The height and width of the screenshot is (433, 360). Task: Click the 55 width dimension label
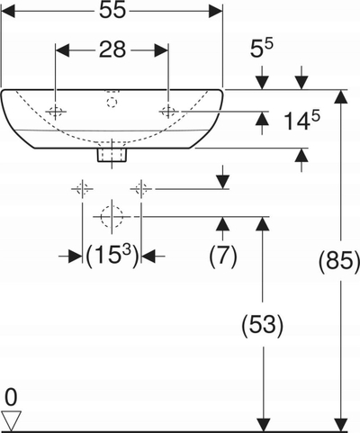[x=112, y=11]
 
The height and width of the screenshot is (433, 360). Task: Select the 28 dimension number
[x=112, y=50]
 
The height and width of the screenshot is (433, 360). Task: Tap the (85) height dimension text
[x=338, y=260]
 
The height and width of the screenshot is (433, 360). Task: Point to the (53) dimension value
[x=263, y=324]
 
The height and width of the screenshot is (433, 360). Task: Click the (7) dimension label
[x=223, y=256]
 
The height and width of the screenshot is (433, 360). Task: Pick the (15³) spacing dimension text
[x=112, y=256]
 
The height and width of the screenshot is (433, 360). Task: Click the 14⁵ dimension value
[x=301, y=120]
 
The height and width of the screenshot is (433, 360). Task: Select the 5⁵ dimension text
[x=262, y=49]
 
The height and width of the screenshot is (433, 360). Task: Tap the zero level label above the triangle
[x=11, y=397]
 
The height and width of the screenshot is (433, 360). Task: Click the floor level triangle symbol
[x=11, y=420]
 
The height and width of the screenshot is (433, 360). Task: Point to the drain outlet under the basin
[x=112, y=155]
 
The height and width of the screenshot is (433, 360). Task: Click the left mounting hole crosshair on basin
[x=55, y=112]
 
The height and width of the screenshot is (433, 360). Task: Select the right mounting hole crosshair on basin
[x=168, y=112]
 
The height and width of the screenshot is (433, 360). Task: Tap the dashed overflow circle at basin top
[x=112, y=103]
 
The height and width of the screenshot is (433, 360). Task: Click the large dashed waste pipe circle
[x=112, y=216]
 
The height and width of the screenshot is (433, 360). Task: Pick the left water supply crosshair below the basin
[x=82, y=189]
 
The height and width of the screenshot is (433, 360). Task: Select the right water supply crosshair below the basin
[x=141, y=189]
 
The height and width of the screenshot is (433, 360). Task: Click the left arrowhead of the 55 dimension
[x=8, y=11]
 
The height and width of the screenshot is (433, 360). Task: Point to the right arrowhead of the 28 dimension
[x=161, y=50]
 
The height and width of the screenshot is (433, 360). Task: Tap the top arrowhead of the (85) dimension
[x=340, y=96]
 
